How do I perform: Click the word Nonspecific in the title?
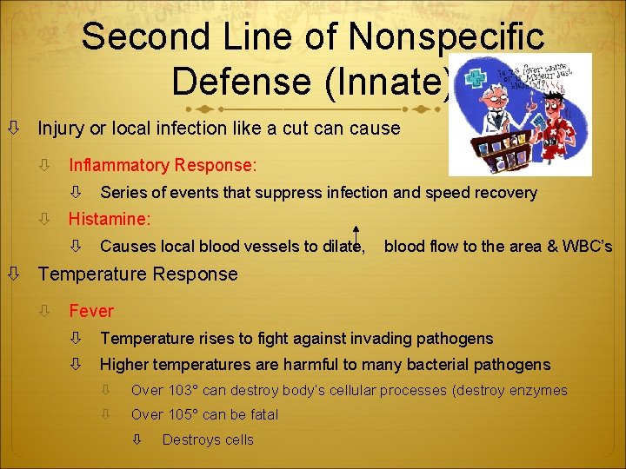(447, 36)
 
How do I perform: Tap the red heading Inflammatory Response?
(163, 164)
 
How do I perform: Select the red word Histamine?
(110, 219)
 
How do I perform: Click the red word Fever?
(91, 311)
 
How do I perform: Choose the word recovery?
(504, 193)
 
